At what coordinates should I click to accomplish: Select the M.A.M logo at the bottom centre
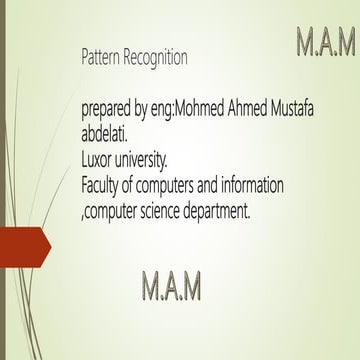tap(171, 285)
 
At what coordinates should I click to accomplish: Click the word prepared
tap(109, 111)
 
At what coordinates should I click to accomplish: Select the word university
tap(151, 158)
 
